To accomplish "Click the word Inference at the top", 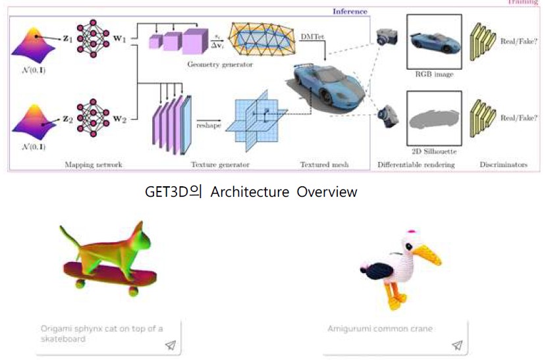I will tap(350, 11).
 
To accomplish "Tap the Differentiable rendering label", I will tap(416, 164).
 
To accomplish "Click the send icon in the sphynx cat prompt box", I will tap(171, 345).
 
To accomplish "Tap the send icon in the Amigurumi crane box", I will tap(457, 345).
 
